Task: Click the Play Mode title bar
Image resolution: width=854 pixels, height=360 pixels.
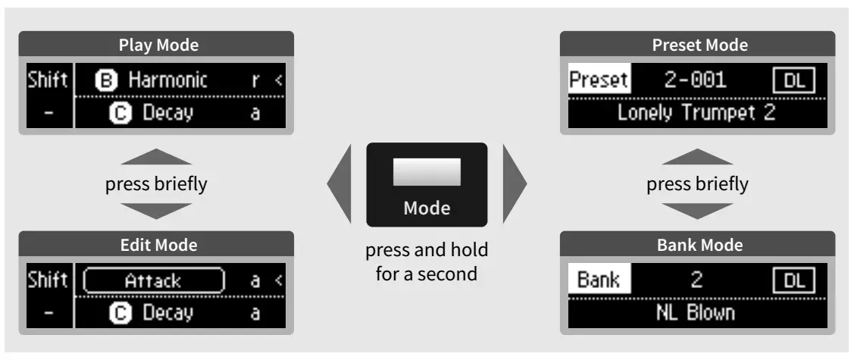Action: tap(159, 45)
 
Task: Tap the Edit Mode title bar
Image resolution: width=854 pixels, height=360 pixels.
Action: tap(159, 246)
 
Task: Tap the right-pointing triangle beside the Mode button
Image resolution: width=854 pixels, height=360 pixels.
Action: tap(513, 184)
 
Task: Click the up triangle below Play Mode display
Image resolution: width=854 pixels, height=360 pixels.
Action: tap(159, 158)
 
